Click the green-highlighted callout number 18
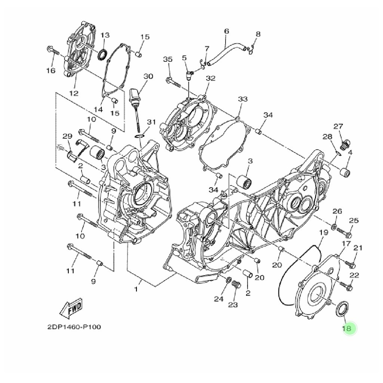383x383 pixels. pyautogui.click(x=347, y=329)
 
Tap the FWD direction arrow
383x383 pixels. pyautogui.click(x=71, y=308)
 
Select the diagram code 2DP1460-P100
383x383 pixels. pyautogui.click(x=74, y=327)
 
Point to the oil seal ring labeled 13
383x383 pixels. pyautogui.click(x=102, y=54)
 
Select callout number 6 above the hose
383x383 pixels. pyautogui.click(x=226, y=31)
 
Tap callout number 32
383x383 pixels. pyautogui.click(x=211, y=78)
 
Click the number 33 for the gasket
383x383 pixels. pyautogui.click(x=243, y=99)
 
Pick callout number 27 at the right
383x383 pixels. pyautogui.click(x=338, y=126)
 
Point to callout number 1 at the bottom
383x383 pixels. pyautogui.click(x=137, y=289)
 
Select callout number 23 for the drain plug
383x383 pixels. pyautogui.click(x=233, y=305)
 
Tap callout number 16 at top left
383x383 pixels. pyautogui.click(x=50, y=71)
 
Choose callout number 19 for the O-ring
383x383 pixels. pyautogui.click(x=323, y=232)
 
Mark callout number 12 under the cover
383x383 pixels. pyautogui.click(x=74, y=93)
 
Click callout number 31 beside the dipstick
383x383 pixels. pyautogui.click(x=151, y=122)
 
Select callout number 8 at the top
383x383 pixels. pyautogui.click(x=257, y=34)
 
